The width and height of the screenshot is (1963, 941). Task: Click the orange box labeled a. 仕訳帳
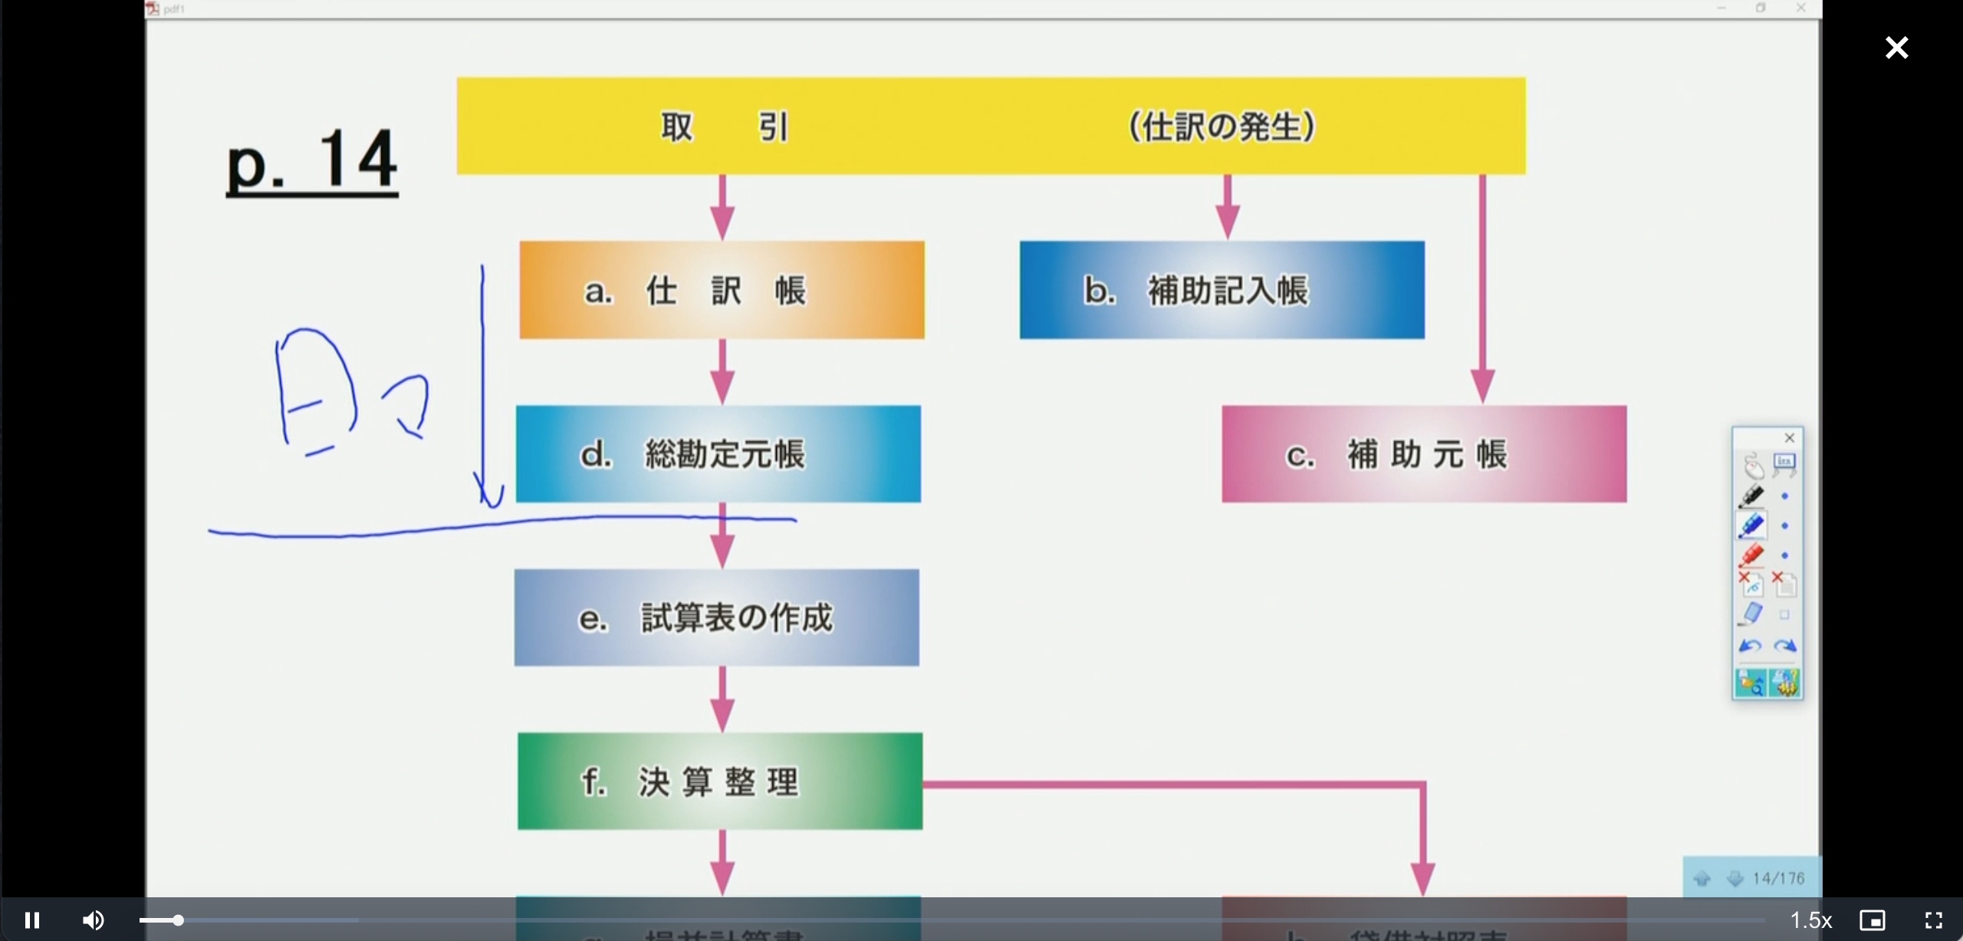[x=722, y=290]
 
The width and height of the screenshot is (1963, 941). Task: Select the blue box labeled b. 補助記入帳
[x=1222, y=290]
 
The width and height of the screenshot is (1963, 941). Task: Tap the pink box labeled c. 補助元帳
[x=1423, y=454]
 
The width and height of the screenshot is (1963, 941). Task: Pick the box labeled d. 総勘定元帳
[x=718, y=454]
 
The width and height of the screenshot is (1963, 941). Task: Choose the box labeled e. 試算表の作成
[x=716, y=617]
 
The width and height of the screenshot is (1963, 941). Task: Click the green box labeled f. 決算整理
[x=719, y=781]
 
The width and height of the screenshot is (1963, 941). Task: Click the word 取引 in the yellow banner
[x=724, y=127]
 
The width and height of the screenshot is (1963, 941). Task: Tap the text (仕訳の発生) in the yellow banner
[x=1222, y=127]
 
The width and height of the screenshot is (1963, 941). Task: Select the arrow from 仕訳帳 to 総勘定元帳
[x=722, y=373]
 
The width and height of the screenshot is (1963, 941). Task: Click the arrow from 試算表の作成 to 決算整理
[x=722, y=699]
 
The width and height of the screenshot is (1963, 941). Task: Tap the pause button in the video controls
[x=32, y=920]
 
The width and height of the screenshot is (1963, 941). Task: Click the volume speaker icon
[x=94, y=920]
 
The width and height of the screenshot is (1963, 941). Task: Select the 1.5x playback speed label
[x=1810, y=920]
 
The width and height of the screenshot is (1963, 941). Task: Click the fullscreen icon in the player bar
[x=1933, y=920]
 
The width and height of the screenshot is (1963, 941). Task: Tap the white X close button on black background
[x=1896, y=48]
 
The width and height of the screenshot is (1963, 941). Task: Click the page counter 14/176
[x=1778, y=878]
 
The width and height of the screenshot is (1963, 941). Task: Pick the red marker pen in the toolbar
[x=1751, y=554]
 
